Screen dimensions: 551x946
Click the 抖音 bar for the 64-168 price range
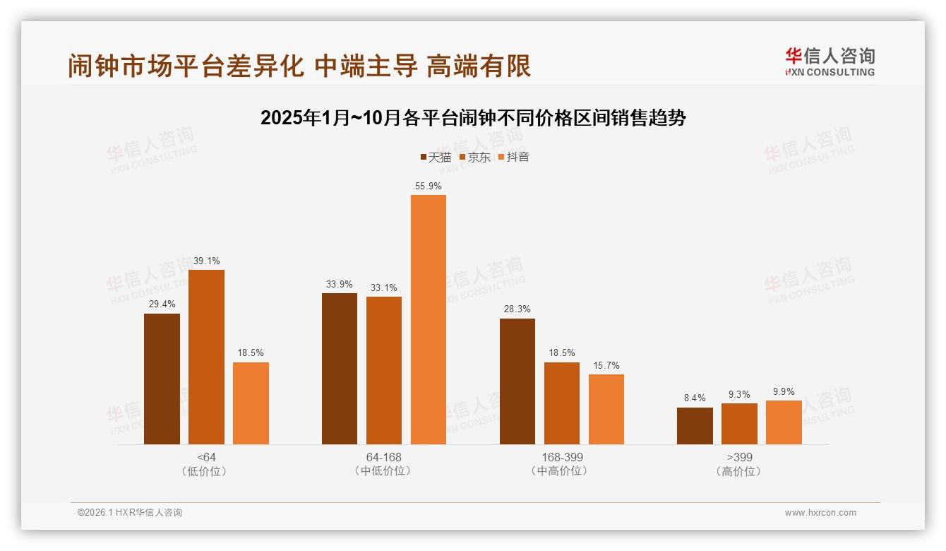[429, 319]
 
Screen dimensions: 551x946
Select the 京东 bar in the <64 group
[206, 357]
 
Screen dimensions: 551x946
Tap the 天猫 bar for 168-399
[517, 381]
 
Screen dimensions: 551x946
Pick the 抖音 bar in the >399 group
[784, 422]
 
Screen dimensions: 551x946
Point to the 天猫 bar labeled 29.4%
[162, 379]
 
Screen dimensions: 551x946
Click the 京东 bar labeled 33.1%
[384, 370]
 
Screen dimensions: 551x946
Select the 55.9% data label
[429, 186]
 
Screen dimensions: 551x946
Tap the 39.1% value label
[206, 261]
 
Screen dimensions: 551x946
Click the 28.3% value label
[517, 309]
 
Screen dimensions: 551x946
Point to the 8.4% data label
[695, 398]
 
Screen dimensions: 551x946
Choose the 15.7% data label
[606, 365]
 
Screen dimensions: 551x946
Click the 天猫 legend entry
[436, 158]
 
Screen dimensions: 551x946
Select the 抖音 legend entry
[514, 158]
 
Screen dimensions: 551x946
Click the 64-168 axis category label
[383, 457]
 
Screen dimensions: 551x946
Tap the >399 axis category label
[739, 457]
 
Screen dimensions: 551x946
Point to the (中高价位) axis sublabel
[562, 471]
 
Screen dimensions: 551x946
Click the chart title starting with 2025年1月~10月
[473, 118]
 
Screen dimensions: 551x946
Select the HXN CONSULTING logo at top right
[830, 62]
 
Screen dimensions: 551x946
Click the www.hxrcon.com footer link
[820, 513]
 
